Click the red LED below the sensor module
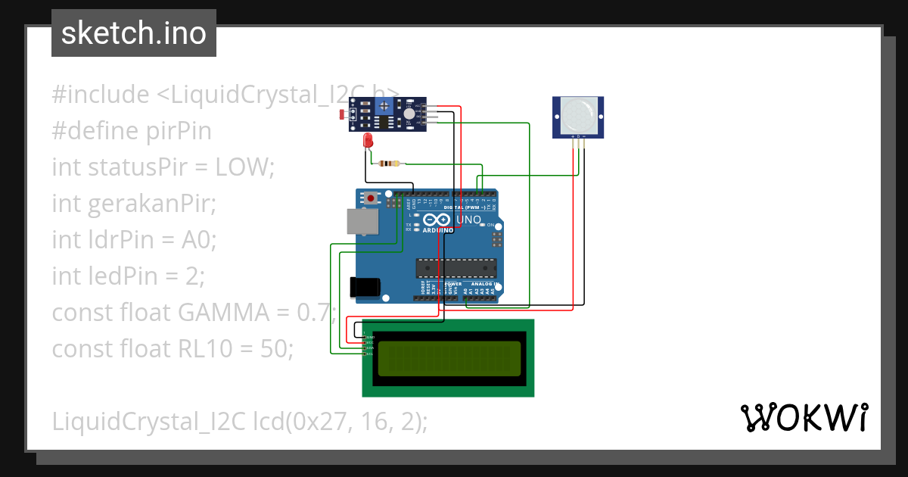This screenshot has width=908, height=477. pos(368,141)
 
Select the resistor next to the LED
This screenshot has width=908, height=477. pos(389,163)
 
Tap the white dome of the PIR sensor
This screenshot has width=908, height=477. pos(578,114)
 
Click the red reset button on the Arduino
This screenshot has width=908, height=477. pos(372,198)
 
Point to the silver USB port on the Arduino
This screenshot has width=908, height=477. pos(361,221)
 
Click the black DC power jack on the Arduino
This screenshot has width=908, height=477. pos(363,286)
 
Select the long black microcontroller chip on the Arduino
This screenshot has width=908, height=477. pos(456,268)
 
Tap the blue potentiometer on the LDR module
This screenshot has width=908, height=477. pos(384,105)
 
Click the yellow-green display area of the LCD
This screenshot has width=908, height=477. pos(449,358)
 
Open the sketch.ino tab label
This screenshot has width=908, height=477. pos(134,33)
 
